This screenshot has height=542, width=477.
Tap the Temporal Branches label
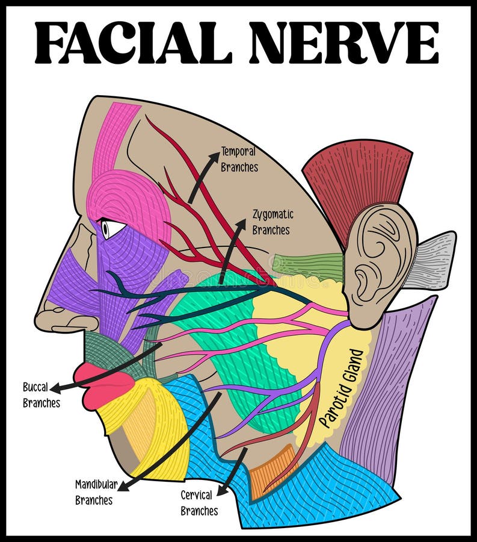point(239,159)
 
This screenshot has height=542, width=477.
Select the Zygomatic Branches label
point(271,222)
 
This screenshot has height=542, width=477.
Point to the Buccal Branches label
point(41,395)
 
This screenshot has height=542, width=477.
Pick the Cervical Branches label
point(199,503)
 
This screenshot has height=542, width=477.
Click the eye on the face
point(112,228)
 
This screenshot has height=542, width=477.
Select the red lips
point(102,385)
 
